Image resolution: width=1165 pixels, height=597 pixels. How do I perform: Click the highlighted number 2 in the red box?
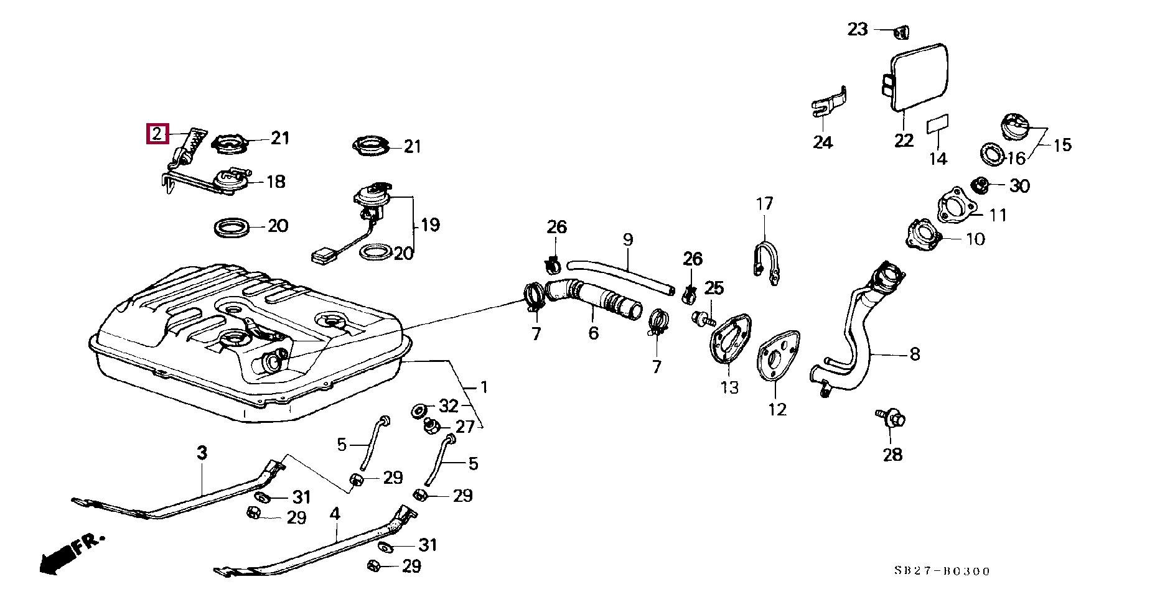(x=157, y=134)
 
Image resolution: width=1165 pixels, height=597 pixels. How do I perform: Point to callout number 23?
(x=858, y=29)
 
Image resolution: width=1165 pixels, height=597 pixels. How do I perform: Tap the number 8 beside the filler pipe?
(x=914, y=354)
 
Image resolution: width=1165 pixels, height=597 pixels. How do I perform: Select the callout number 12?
(x=777, y=409)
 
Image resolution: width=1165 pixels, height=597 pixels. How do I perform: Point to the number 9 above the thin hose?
(x=628, y=239)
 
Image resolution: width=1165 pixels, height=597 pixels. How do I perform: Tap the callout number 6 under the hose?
(x=594, y=333)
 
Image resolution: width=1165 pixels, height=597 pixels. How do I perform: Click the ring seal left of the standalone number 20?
(x=233, y=227)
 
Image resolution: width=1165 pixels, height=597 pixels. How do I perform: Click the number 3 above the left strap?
(x=202, y=453)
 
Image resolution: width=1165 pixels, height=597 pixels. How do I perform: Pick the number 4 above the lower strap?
(x=335, y=514)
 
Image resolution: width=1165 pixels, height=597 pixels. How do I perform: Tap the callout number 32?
(x=449, y=406)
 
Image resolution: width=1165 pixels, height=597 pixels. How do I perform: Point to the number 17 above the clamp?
(x=765, y=203)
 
